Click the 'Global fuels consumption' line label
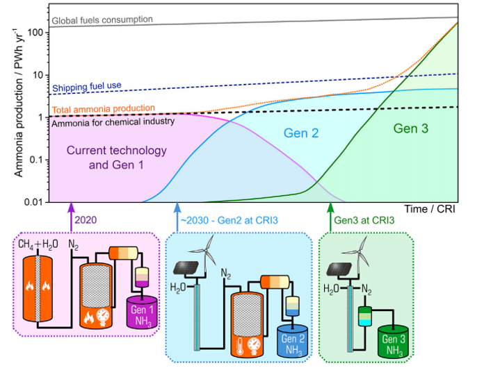[x=102, y=19]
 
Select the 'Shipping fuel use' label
[x=87, y=87]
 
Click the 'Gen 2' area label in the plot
[x=301, y=133]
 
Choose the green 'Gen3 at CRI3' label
[x=364, y=220]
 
